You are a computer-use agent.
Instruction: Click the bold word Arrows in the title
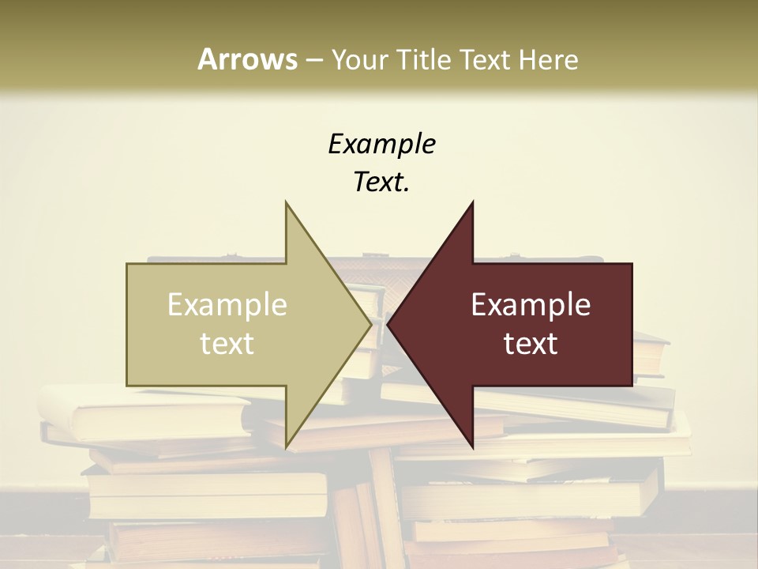247,59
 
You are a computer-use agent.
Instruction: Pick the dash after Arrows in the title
313,60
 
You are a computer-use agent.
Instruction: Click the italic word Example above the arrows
381,144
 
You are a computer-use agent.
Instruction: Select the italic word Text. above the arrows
381,183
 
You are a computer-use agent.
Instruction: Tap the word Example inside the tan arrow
227,304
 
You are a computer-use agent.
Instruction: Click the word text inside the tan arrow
227,343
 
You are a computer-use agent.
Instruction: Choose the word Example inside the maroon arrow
531,304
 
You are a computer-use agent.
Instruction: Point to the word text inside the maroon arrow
531,343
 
